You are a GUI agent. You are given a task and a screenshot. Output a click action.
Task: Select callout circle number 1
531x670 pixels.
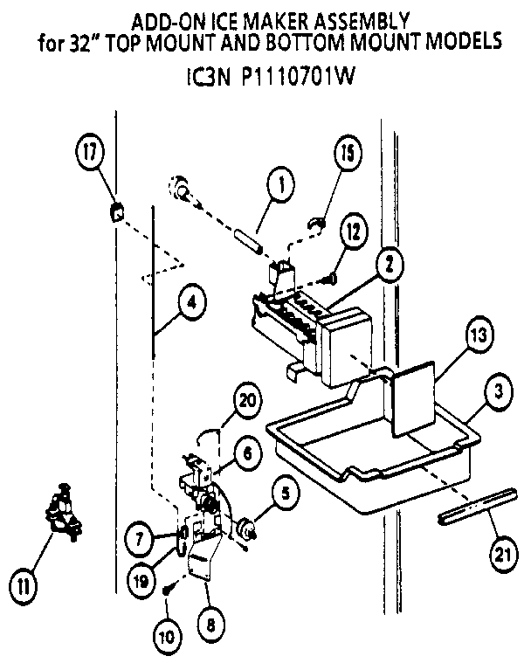click(280, 185)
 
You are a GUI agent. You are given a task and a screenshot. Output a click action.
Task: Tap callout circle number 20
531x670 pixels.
click(249, 403)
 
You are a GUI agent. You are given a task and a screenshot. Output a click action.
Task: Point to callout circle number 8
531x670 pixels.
click(210, 624)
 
